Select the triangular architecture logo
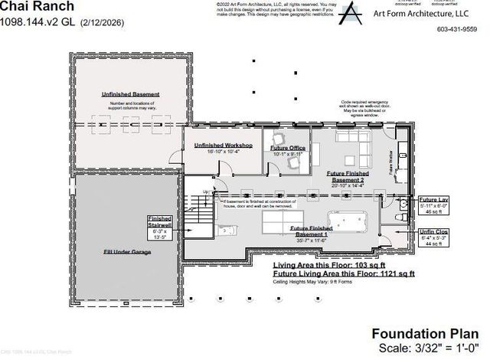349,13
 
